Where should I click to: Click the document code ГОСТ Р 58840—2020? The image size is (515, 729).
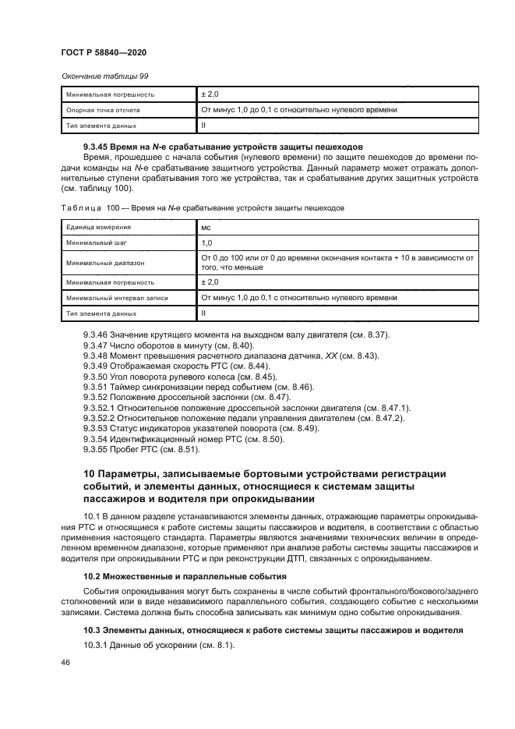[104, 51]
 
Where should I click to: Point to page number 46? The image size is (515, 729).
[65, 662]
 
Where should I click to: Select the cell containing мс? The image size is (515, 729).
[206, 228]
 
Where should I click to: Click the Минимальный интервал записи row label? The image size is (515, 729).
[118, 298]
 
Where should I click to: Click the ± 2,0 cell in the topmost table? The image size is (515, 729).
[210, 94]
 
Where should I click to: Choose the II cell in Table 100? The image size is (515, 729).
[204, 313]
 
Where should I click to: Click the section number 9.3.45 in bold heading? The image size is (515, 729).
[100, 147]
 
